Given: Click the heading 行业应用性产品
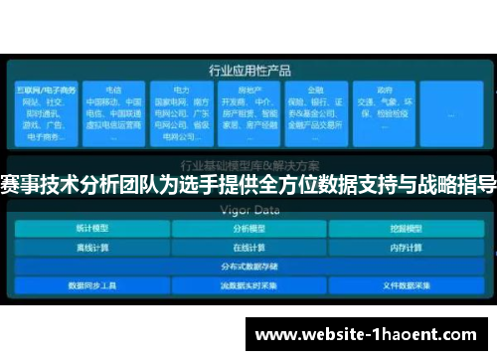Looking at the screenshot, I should pyautogui.click(x=248, y=71).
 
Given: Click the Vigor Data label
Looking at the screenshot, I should pyautogui.click(x=248, y=210).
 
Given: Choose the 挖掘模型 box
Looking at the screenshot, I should pyautogui.click(x=405, y=227).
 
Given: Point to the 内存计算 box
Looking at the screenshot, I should pyautogui.click(x=405, y=246).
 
